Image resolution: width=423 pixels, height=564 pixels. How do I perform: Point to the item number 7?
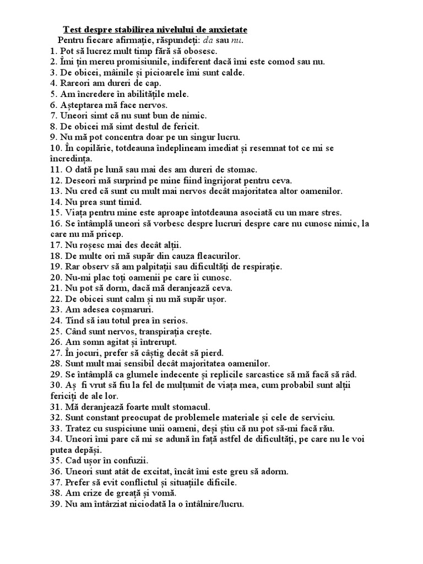[x=53, y=116]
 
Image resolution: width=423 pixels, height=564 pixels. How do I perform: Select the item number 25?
[x=55, y=332]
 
